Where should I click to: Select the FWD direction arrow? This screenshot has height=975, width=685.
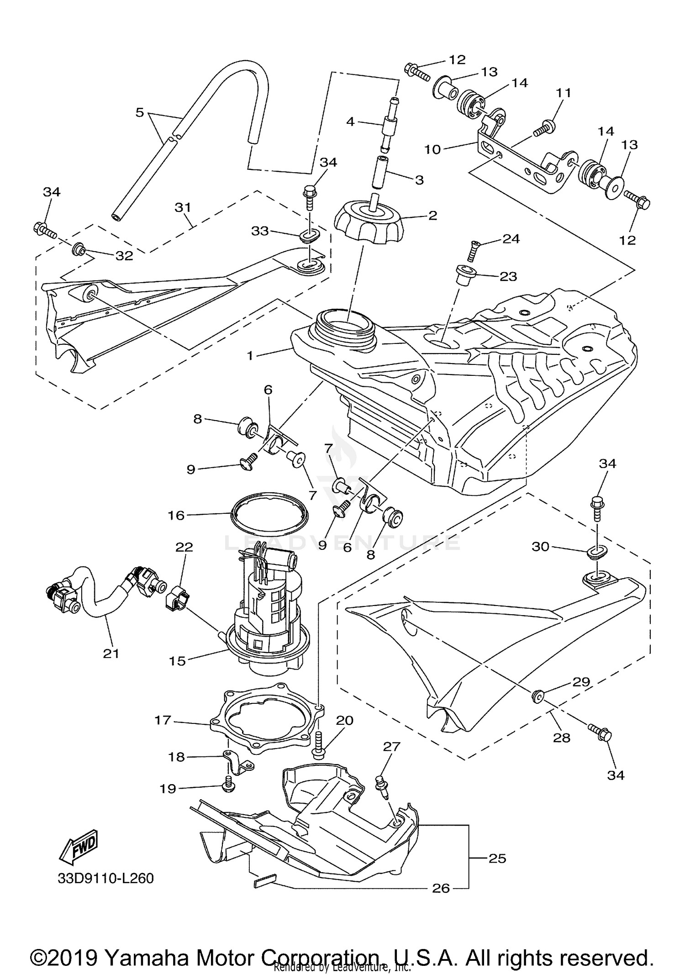(x=78, y=844)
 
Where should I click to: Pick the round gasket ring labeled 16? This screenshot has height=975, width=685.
(x=269, y=512)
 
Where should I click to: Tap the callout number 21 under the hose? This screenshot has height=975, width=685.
(x=111, y=654)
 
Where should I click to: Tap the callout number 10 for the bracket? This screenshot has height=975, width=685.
(x=432, y=149)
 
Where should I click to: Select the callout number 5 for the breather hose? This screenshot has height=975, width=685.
(x=140, y=112)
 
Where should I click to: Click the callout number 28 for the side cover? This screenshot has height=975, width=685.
(x=561, y=737)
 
